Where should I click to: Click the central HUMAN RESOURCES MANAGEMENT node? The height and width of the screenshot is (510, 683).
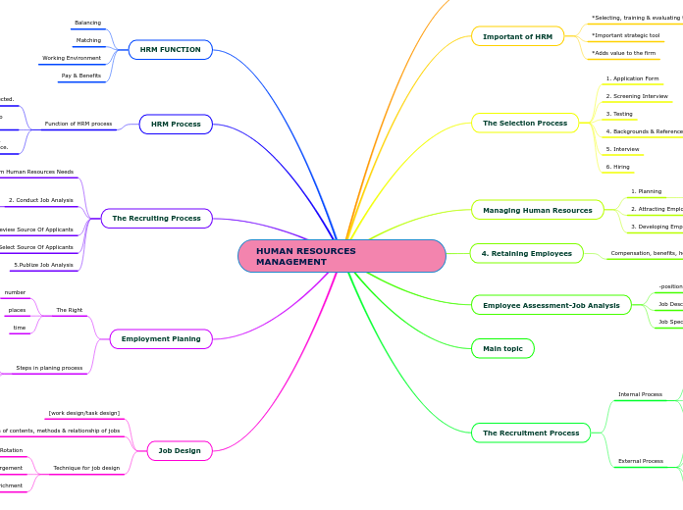[x=341, y=256]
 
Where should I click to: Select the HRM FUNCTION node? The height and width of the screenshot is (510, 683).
[x=170, y=49]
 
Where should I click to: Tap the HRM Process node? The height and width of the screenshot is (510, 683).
[x=176, y=124]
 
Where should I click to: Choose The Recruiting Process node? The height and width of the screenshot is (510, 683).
[x=157, y=218]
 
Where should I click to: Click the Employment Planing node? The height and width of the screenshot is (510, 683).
[x=161, y=338]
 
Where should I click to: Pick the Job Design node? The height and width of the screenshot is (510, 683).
[x=180, y=450]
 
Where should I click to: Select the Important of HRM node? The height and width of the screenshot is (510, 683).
[x=517, y=36]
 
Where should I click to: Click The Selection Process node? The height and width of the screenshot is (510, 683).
[x=525, y=123]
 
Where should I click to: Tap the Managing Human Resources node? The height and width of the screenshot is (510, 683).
[x=537, y=210]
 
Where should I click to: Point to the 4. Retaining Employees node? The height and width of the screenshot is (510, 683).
[x=526, y=253]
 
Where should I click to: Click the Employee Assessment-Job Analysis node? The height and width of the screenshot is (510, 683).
[x=551, y=305]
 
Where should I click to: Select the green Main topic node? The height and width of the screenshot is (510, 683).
[x=502, y=348]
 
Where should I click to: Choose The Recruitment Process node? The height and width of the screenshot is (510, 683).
[x=531, y=433]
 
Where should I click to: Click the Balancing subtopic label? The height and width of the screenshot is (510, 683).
[x=87, y=23]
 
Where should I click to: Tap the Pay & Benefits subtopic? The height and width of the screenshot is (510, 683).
[x=81, y=76]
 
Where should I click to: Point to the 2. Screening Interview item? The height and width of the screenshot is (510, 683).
[x=637, y=96]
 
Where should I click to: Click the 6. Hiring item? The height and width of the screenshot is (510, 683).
[x=618, y=167]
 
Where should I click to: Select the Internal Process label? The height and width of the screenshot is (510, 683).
[x=640, y=394]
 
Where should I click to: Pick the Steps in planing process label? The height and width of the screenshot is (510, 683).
[x=49, y=368]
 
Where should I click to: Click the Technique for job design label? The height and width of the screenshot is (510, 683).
[x=86, y=468]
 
